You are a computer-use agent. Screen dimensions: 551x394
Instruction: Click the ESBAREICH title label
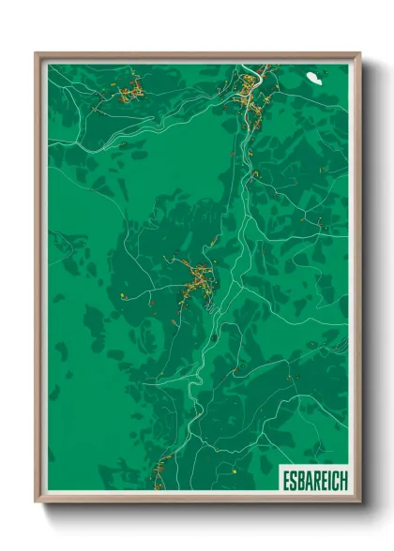click(314, 480)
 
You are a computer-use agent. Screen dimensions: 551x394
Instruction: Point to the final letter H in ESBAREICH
click(342, 480)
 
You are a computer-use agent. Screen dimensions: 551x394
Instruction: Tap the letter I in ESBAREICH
click(328, 480)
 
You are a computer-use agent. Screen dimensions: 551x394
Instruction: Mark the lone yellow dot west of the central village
click(124, 295)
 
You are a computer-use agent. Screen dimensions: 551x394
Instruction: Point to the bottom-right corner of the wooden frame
click(359, 502)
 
